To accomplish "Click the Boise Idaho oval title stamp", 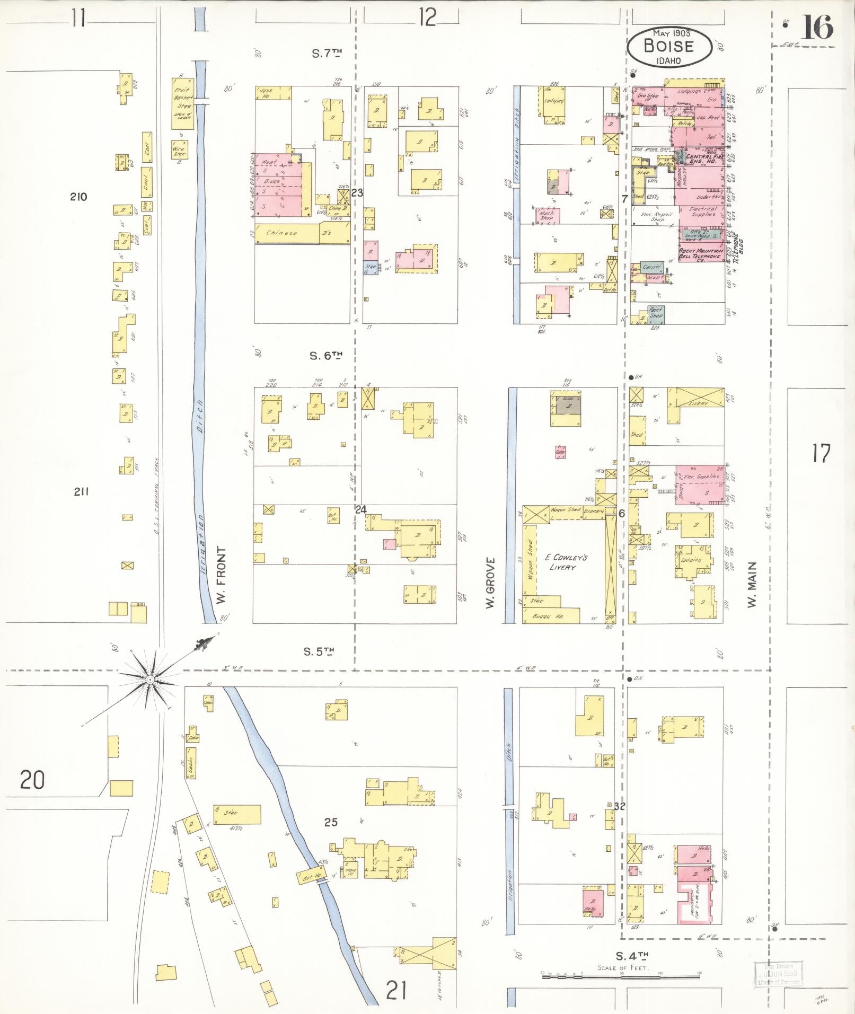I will [x=669, y=47].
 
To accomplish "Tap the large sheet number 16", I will [x=817, y=28].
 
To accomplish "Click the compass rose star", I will [x=150, y=679].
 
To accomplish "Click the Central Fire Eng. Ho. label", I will [x=701, y=158].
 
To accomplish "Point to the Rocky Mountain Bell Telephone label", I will [x=701, y=253].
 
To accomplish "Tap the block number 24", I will [x=361, y=510].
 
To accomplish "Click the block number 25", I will [x=331, y=822].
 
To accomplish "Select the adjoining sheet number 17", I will [x=821, y=454].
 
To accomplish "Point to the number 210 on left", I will [x=78, y=197].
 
